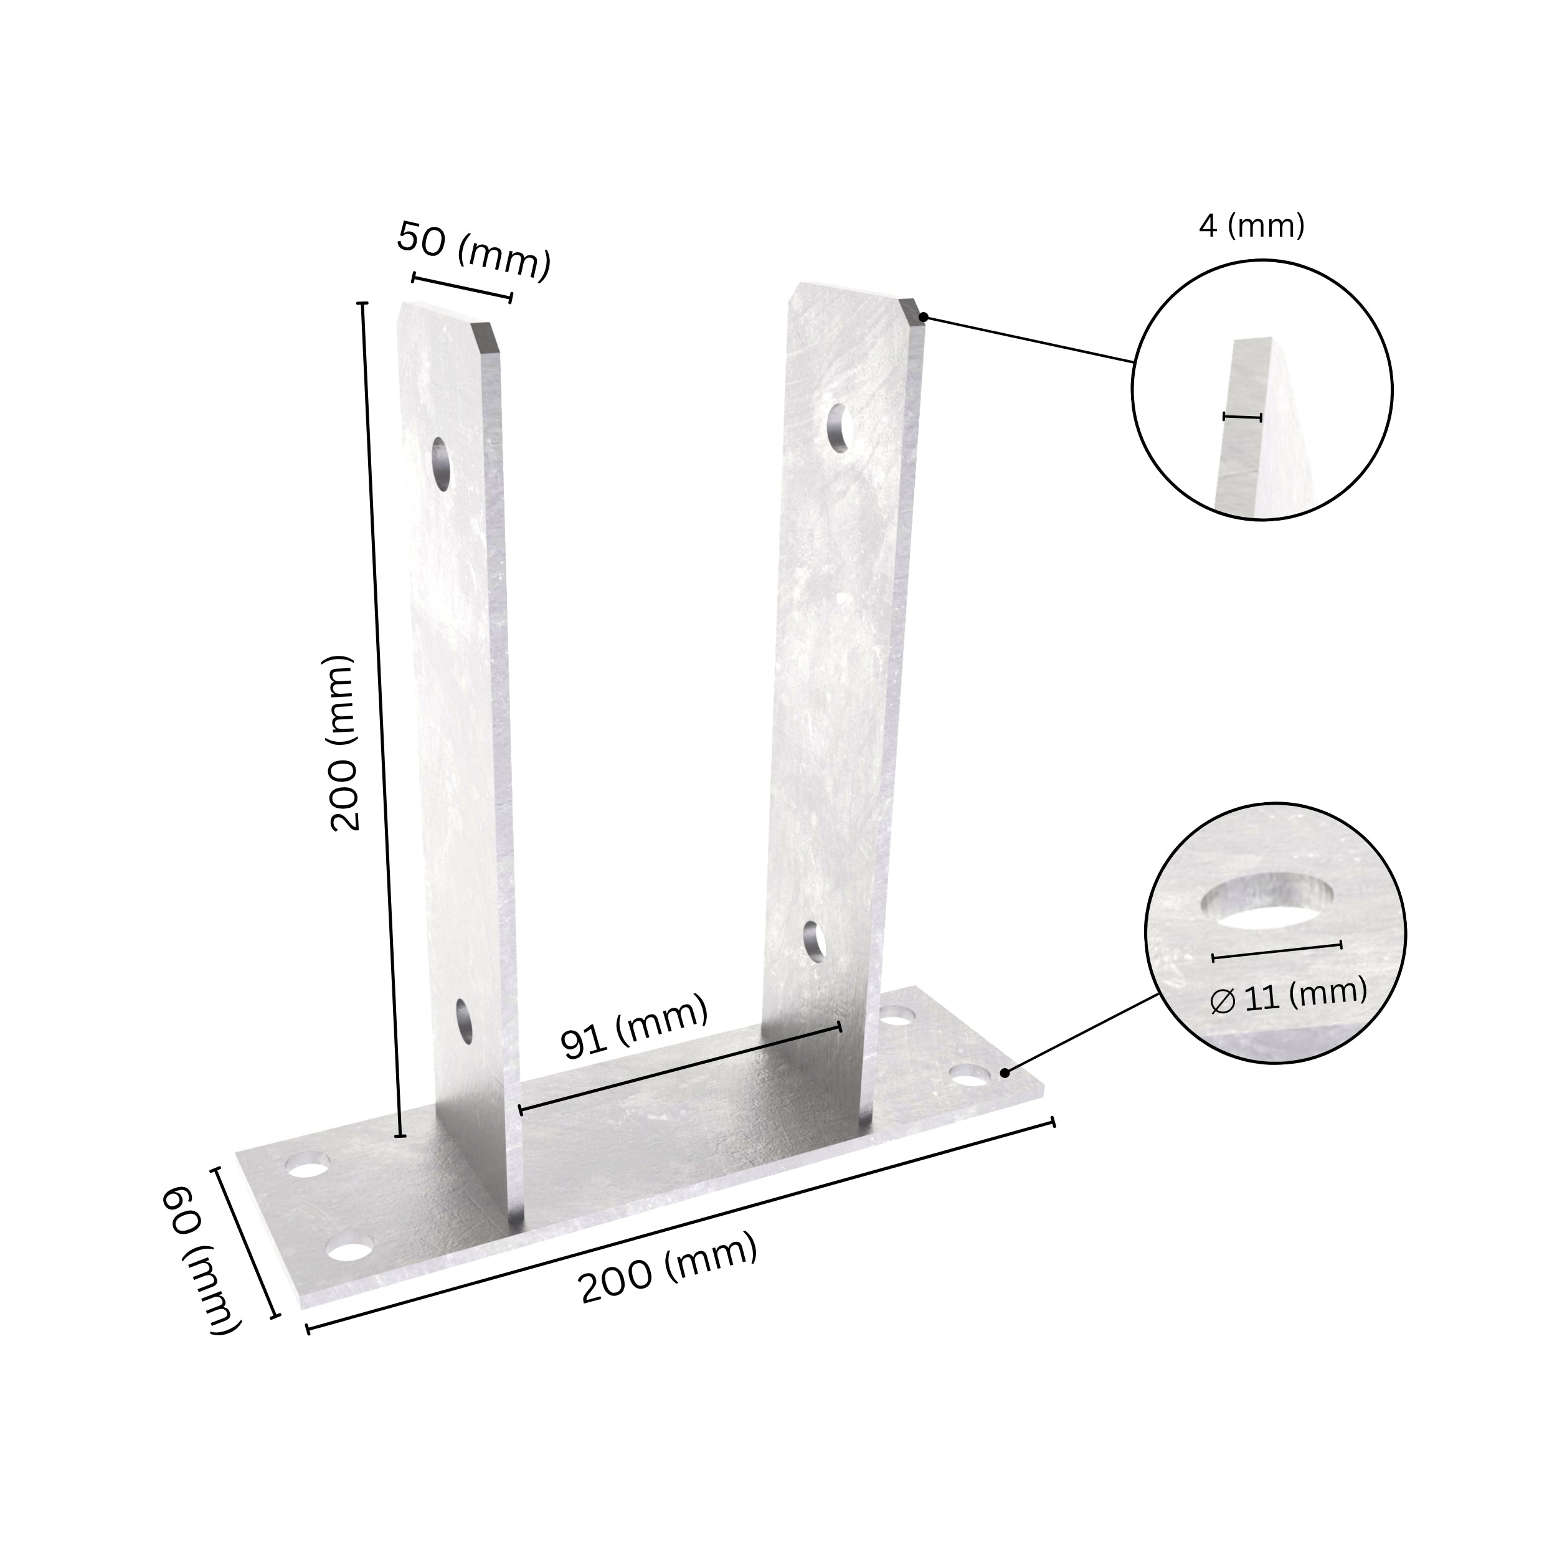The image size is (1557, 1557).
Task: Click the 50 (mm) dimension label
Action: point(473,252)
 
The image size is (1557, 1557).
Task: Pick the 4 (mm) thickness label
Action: point(1251,227)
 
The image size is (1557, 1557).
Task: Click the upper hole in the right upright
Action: point(840,425)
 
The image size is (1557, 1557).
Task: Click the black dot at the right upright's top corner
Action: point(924,318)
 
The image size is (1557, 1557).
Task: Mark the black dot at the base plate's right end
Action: point(1004,1072)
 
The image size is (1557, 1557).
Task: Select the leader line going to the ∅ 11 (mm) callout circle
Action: point(1082,1034)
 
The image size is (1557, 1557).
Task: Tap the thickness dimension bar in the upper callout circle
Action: point(1242,417)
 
